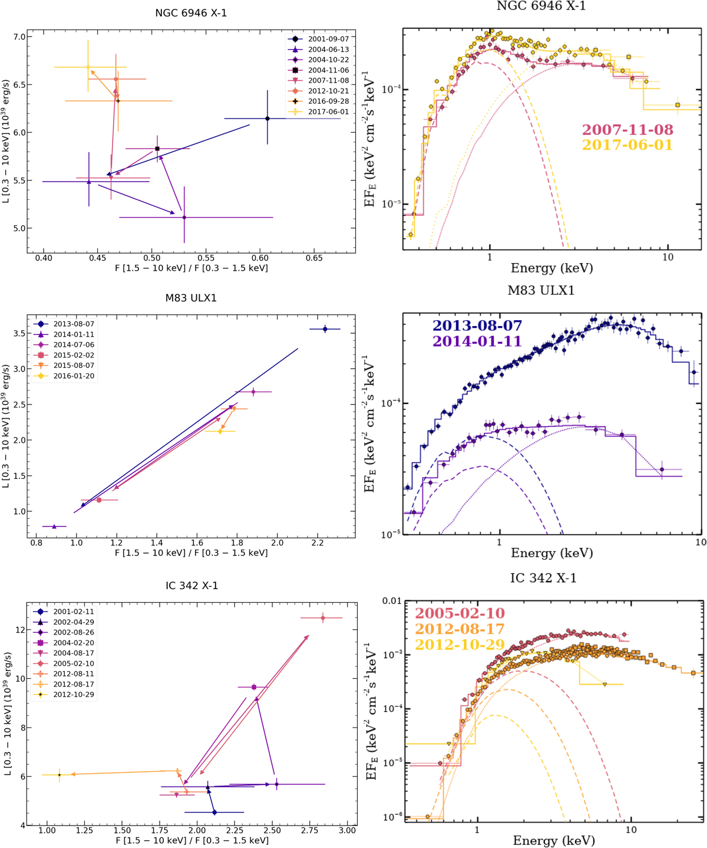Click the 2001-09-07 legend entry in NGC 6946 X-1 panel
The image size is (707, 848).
pyautogui.click(x=328, y=39)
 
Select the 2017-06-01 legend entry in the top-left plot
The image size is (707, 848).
pyautogui.click(x=328, y=111)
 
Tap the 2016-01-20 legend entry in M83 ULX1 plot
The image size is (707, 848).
pyautogui.click(x=73, y=376)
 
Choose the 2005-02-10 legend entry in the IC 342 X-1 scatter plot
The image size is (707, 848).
pyautogui.click(x=73, y=663)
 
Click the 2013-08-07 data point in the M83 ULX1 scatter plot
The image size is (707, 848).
pyautogui.click(x=325, y=329)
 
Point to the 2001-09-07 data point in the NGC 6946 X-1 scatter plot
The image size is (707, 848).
pyautogui.click(x=267, y=119)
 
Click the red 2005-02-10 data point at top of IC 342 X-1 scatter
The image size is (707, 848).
pyautogui.click(x=322, y=618)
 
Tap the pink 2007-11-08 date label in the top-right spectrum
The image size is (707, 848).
pyautogui.click(x=627, y=130)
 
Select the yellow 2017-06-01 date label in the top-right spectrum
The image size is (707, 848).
pyautogui.click(x=627, y=144)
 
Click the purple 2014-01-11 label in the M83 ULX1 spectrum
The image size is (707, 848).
pyautogui.click(x=477, y=341)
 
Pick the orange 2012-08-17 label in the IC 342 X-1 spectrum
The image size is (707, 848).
pyautogui.click(x=460, y=629)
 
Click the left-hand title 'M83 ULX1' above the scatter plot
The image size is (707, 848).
pyautogui.click(x=191, y=298)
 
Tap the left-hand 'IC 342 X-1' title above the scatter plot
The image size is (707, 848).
pyautogui.click(x=191, y=586)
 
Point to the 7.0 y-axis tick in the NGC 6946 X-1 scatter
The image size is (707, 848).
pyautogui.click(x=19, y=37)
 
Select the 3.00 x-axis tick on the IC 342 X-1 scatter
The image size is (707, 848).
pyautogui.click(x=348, y=830)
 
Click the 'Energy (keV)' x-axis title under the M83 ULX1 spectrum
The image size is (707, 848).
pyautogui.click(x=551, y=553)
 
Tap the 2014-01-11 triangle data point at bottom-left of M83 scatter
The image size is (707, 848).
pyautogui.click(x=54, y=526)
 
